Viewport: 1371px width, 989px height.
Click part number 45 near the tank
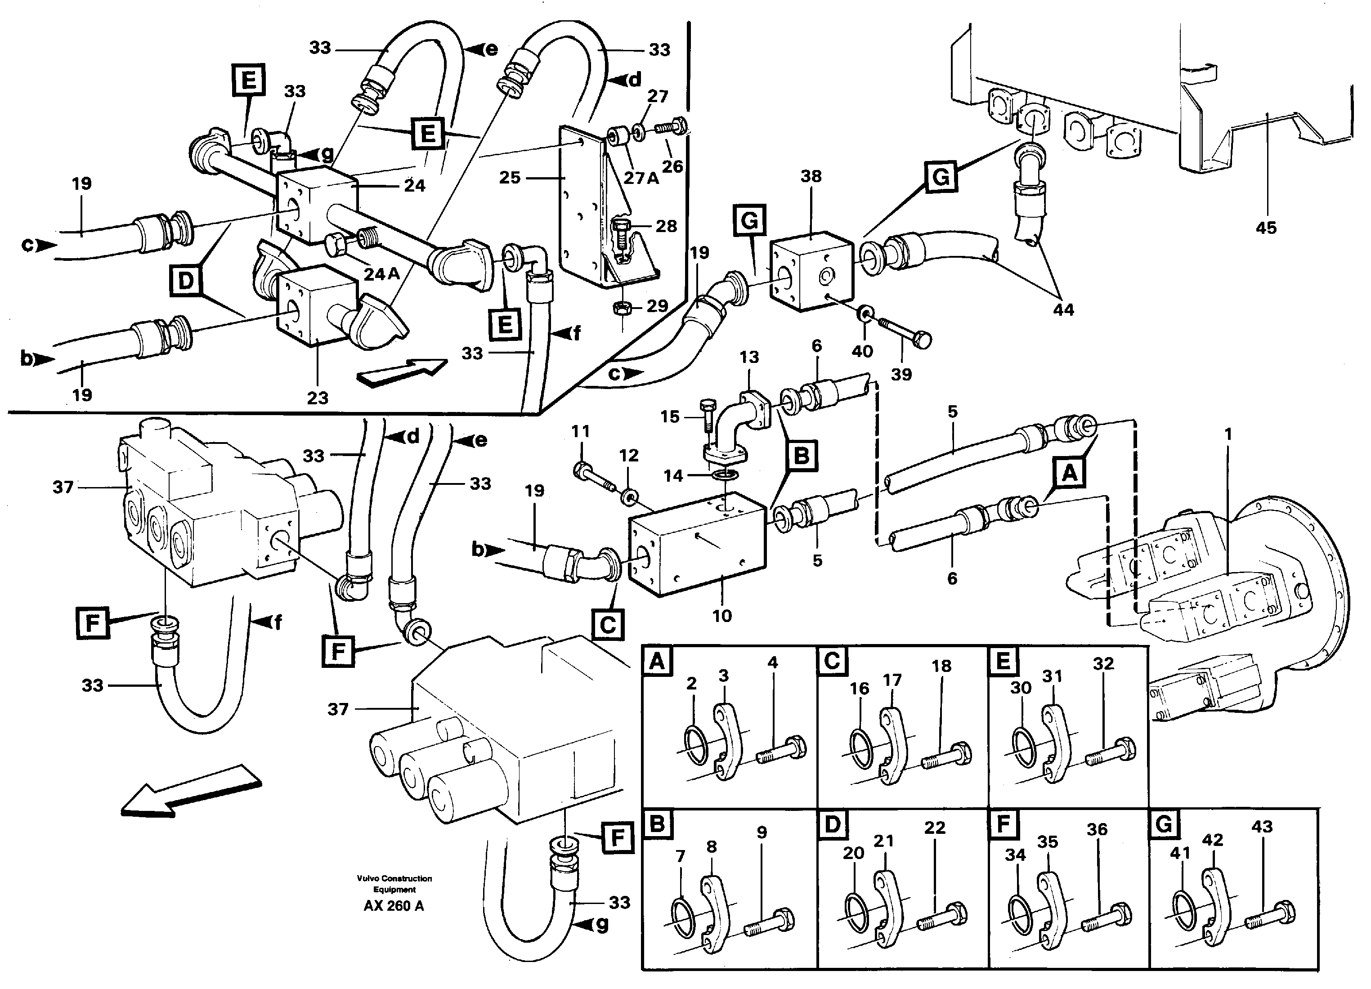coord(1265,228)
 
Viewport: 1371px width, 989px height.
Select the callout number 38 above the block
coord(811,176)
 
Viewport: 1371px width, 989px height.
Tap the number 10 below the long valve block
coord(722,616)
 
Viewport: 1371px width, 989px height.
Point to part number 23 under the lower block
coord(318,398)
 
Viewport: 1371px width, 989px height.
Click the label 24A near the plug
coord(381,274)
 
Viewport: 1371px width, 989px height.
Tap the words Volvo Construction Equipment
coord(394,884)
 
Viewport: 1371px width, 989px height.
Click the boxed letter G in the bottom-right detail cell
coord(1163,824)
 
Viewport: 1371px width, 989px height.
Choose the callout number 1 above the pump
coord(1228,434)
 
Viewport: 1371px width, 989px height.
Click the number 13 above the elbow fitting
coord(749,357)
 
